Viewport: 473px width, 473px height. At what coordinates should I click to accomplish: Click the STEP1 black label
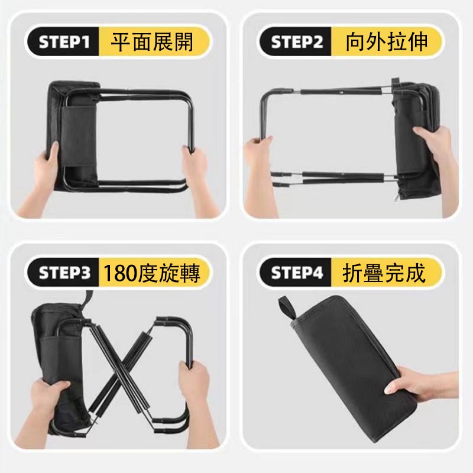coord(64,41)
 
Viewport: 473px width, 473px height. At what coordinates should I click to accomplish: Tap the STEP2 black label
coord(296,41)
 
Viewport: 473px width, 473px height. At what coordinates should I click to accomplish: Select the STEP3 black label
coord(64,273)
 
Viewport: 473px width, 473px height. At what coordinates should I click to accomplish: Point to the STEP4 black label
coord(296,273)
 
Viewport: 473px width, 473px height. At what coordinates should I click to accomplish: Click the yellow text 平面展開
coord(152,41)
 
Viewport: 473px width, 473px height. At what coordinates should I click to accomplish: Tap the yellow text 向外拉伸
coord(387,41)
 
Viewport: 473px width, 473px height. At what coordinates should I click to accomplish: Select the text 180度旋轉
coord(151,273)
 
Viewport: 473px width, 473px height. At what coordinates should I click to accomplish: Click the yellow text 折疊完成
coord(384,273)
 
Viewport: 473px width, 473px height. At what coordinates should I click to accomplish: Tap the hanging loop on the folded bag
coord(287,309)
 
